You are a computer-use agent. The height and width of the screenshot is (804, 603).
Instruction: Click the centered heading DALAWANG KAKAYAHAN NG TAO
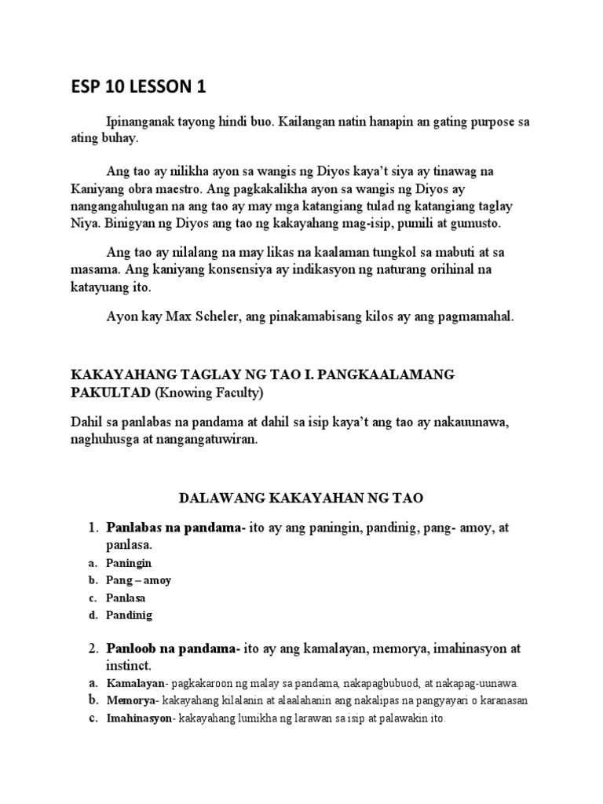click(301, 498)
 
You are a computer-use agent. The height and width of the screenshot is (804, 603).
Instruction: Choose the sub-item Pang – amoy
click(139, 580)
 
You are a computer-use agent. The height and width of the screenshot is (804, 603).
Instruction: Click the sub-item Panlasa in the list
click(126, 598)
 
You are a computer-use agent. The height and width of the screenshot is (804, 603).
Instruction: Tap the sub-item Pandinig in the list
click(130, 615)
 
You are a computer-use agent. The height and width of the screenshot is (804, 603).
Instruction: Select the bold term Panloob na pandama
click(172, 649)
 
